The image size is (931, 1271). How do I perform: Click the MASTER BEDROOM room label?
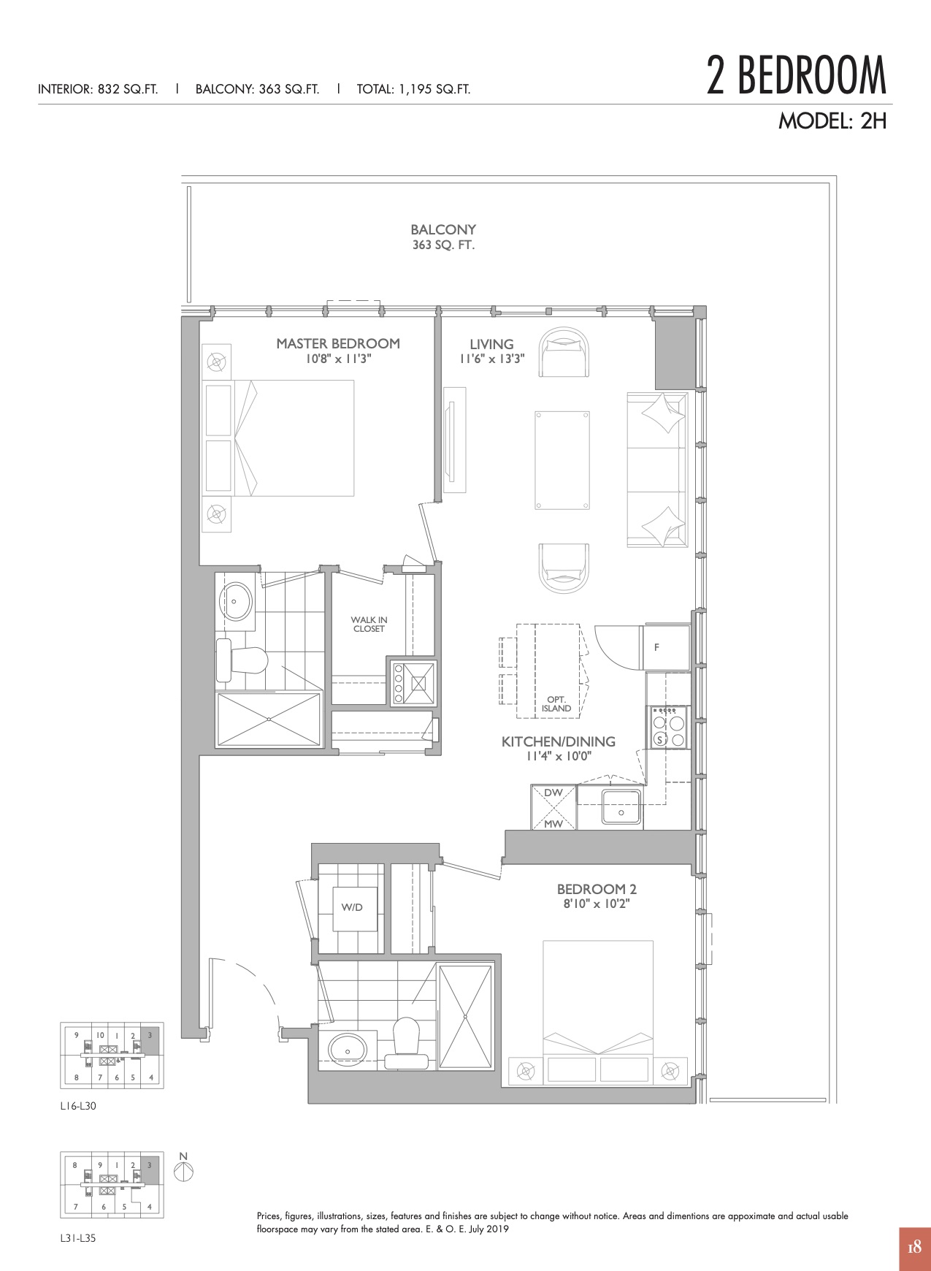[x=338, y=343]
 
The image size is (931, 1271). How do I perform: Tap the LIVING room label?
[x=491, y=344]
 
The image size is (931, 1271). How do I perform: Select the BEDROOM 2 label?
[x=597, y=889]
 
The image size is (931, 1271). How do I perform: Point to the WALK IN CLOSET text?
[x=369, y=625]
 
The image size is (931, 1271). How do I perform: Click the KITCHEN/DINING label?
[x=559, y=741]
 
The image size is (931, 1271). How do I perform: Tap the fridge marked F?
[x=665, y=647]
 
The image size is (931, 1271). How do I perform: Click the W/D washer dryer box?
[x=355, y=909]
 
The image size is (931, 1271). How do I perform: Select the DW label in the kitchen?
[x=553, y=793]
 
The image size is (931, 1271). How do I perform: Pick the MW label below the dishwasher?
[x=553, y=824]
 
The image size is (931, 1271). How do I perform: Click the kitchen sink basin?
[x=621, y=807]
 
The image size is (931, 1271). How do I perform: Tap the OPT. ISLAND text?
[x=556, y=704]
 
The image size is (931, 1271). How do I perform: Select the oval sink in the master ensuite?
[x=237, y=601]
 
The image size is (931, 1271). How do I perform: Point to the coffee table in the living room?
[x=562, y=460]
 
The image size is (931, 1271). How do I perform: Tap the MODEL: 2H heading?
[x=832, y=121]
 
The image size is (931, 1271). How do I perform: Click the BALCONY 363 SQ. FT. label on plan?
[x=443, y=237]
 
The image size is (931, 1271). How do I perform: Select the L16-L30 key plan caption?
[x=78, y=1106]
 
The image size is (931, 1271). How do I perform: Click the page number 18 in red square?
[x=915, y=1248]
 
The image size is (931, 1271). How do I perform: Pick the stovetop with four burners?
[x=669, y=728]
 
